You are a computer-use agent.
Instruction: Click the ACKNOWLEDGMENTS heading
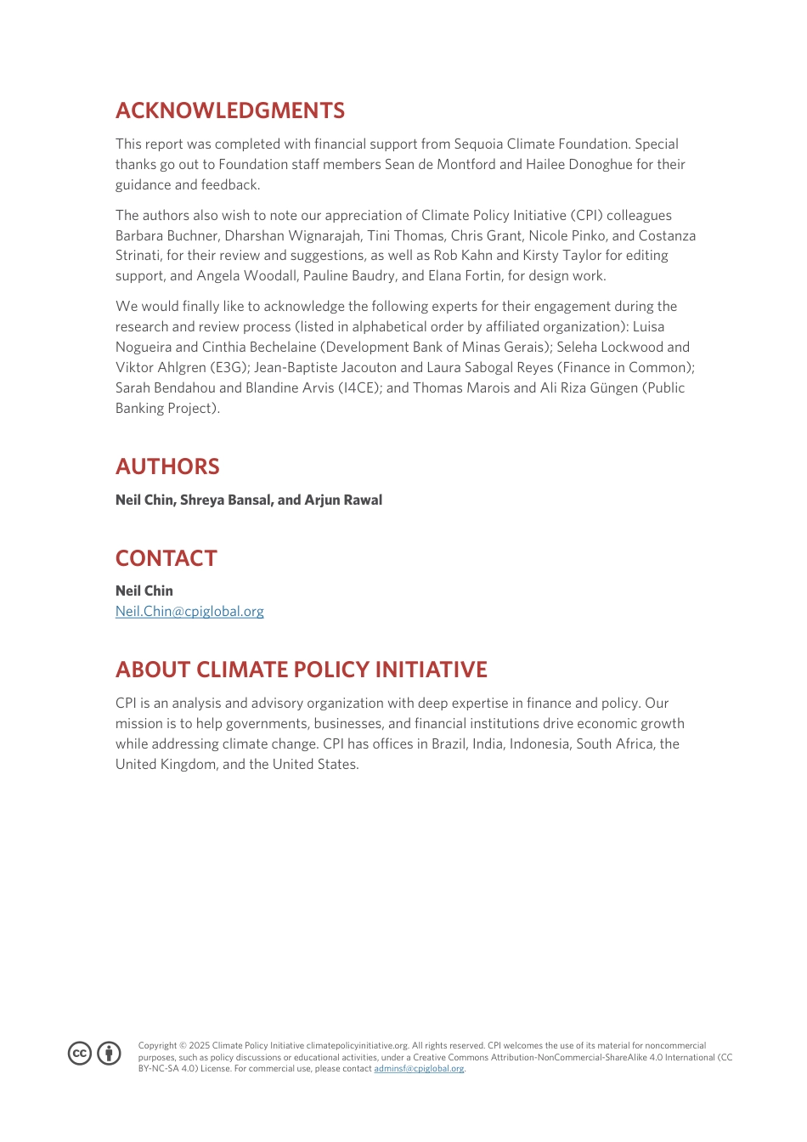pyautogui.click(x=229, y=110)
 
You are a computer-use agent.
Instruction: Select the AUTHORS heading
pyautogui.click(x=167, y=466)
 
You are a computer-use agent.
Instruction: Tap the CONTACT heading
pyautogui.click(x=166, y=558)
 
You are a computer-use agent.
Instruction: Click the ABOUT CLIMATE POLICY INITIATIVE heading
pyautogui.click(x=301, y=670)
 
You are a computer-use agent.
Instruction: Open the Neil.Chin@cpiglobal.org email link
pyautogui.click(x=189, y=612)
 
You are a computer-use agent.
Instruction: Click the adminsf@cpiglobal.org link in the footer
pyautogui.click(x=419, y=1069)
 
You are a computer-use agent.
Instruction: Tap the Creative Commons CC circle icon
pyautogui.click(x=80, y=1054)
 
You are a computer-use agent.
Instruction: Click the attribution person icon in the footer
pyautogui.click(x=109, y=1054)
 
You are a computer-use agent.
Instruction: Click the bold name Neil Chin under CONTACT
pyautogui.click(x=144, y=591)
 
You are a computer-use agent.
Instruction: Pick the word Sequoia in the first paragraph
pyautogui.click(x=478, y=144)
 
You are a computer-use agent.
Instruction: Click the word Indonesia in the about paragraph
pyautogui.click(x=540, y=744)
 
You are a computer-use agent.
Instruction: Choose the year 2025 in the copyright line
pyautogui.click(x=199, y=1046)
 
